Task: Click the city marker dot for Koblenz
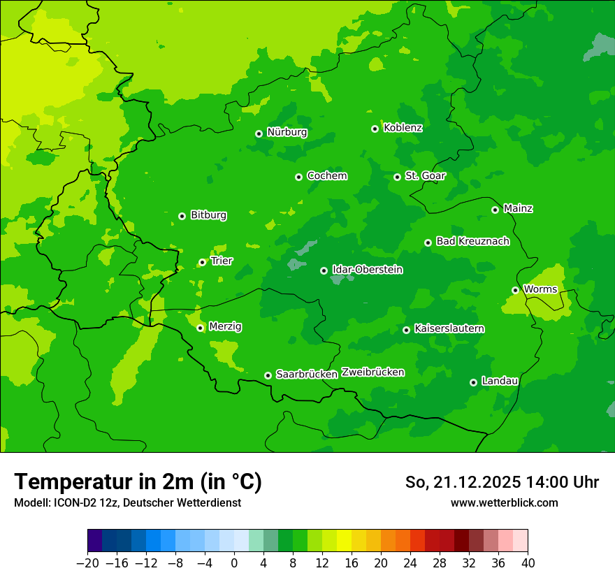coord(375,129)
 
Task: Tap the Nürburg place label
coord(287,132)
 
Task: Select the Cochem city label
coord(326,175)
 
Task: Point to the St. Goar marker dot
coord(397,177)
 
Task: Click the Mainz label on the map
coord(518,208)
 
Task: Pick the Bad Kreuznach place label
coord(472,241)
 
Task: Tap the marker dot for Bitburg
coord(182,216)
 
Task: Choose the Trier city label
coord(222,261)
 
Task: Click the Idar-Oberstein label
coord(367,270)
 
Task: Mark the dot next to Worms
coord(515,290)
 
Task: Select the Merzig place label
coord(225,326)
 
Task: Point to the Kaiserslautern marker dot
coord(406,330)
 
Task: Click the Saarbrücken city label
coord(307,375)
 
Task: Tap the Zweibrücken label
coord(372,372)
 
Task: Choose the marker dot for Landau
coord(473,382)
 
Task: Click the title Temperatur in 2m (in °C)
coord(138,482)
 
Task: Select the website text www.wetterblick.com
coord(504,502)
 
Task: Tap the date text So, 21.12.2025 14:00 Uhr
coord(502,482)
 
